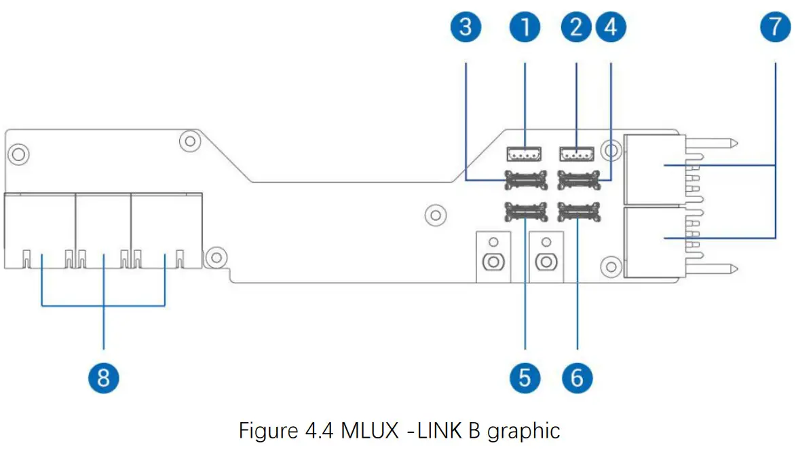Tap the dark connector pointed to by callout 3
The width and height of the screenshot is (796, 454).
[525, 180]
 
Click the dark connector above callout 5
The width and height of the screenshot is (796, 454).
[525, 213]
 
